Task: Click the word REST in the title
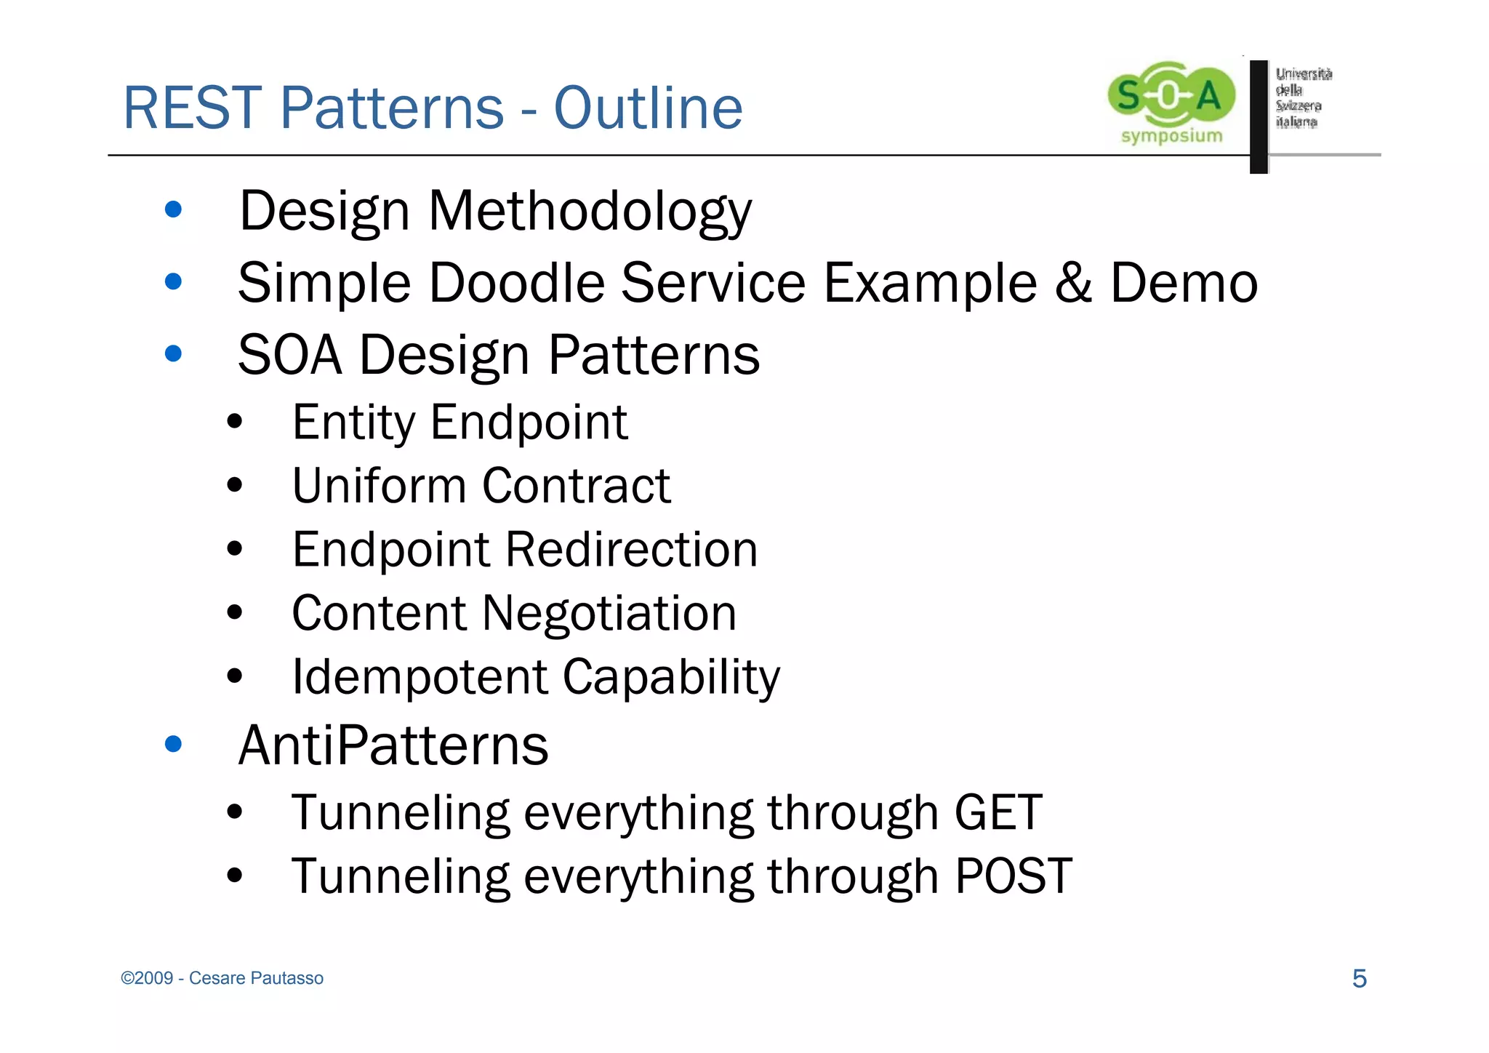(x=193, y=108)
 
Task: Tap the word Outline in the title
(x=648, y=108)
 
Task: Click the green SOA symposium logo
(x=1171, y=102)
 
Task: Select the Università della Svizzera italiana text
(x=1303, y=97)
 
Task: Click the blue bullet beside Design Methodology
(x=173, y=210)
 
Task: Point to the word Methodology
(x=590, y=212)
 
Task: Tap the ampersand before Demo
(x=1073, y=283)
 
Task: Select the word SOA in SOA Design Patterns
(x=289, y=355)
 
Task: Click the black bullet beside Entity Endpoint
(x=234, y=421)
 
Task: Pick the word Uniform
(x=378, y=485)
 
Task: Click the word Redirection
(x=631, y=549)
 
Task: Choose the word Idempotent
(x=420, y=677)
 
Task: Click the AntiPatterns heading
(x=393, y=745)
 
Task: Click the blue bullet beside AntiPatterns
(x=173, y=744)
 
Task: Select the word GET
(x=998, y=812)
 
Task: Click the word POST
(x=1013, y=876)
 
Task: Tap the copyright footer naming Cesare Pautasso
(x=222, y=978)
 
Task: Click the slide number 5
(x=1359, y=979)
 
